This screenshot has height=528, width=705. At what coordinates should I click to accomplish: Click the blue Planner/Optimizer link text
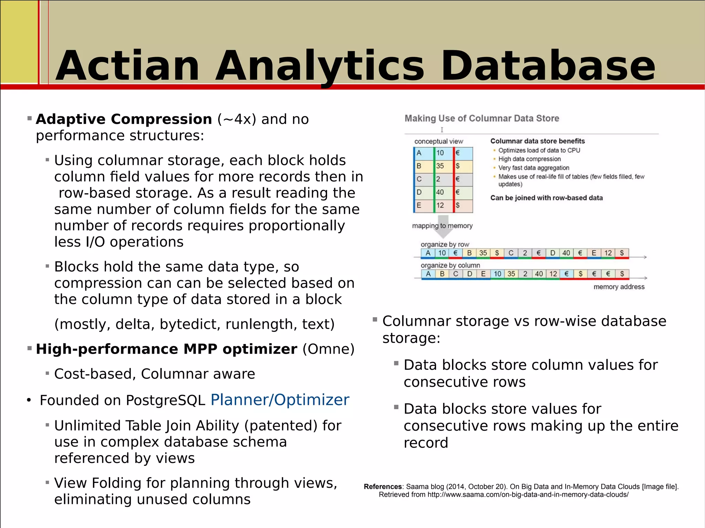click(x=280, y=400)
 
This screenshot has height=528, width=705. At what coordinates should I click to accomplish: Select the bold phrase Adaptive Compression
click(x=124, y=119)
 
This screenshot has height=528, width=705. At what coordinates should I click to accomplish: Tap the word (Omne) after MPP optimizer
click(x=328, y=349)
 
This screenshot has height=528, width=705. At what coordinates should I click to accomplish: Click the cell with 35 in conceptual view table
click(x=440, y=166)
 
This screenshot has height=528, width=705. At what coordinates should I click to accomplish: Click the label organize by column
click(x=450, y=265)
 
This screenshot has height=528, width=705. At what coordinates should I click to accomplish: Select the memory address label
click(x=619, y=287)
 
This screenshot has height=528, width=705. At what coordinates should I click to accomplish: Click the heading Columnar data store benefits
click(x=537, y=141)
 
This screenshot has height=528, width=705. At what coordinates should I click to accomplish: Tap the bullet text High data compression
click(x=529, y=159)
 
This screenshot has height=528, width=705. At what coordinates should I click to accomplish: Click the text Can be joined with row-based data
click(x=546, y=198)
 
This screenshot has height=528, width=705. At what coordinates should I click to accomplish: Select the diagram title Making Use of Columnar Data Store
click(x=482, y=118)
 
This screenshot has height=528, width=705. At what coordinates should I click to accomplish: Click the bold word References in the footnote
click(x=382, y=486)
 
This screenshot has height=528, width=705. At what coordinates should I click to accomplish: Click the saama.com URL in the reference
click(x=528, y=495)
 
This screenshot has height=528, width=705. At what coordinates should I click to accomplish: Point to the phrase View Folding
click(x=97, y=483)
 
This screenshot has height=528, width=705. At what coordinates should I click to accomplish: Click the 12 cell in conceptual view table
click(x=440, y=205)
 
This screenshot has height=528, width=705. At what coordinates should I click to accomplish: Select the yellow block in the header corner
click(x=19, y=41)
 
